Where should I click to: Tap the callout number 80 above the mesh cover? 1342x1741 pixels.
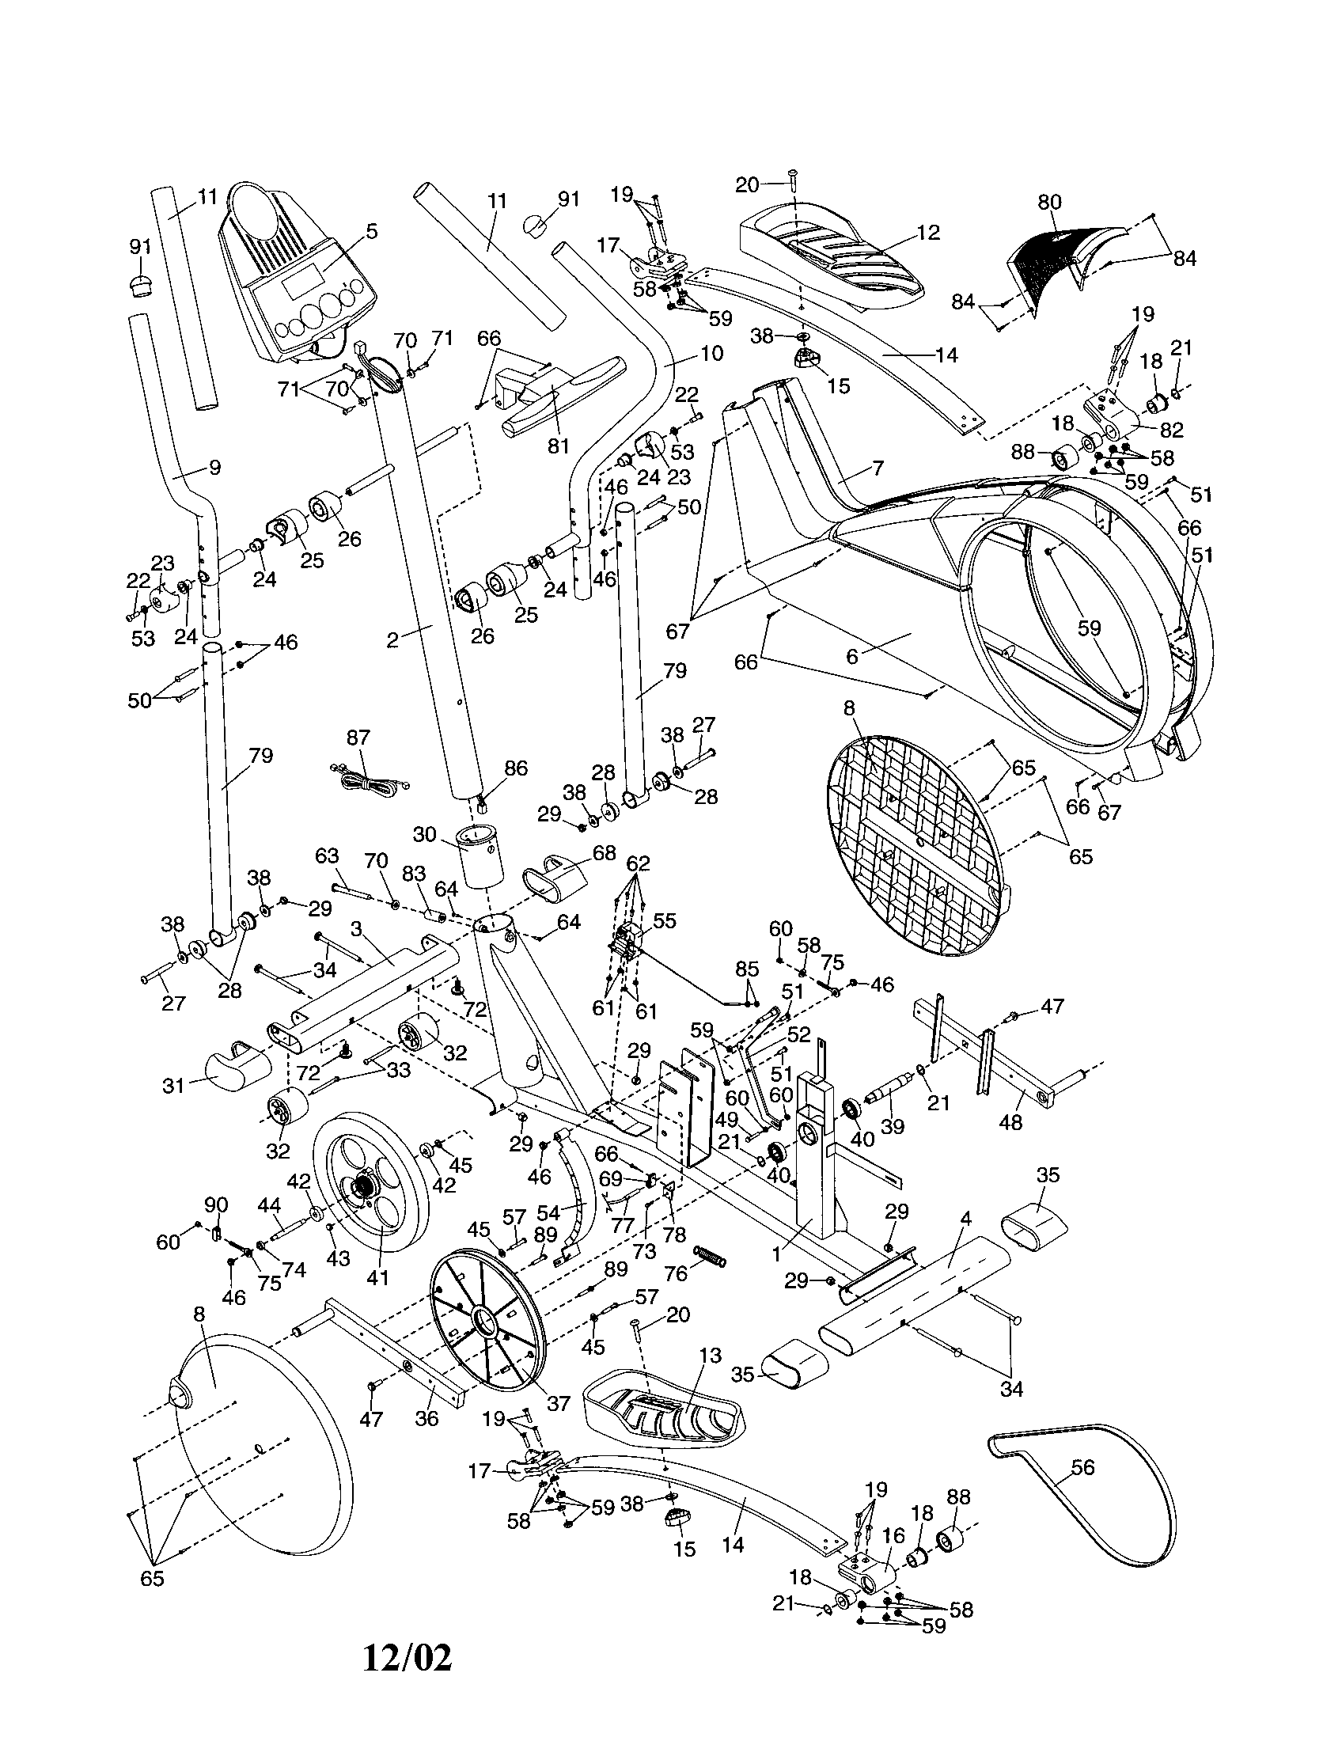pyautogui.click(x=1049, y=203)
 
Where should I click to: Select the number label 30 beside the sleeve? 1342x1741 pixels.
pyautogui.click(x=425, y=834)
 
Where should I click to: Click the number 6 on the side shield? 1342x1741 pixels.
pyautogui.click(x=852, y=656)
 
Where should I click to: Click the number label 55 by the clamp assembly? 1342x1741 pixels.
pyautogui.click(x=664, y=920)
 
